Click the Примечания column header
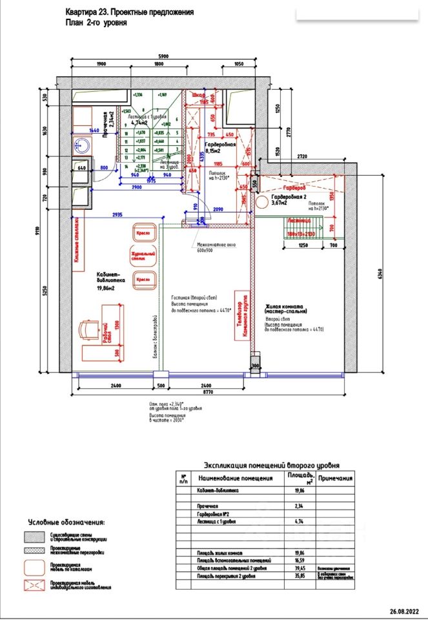(336, 479)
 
